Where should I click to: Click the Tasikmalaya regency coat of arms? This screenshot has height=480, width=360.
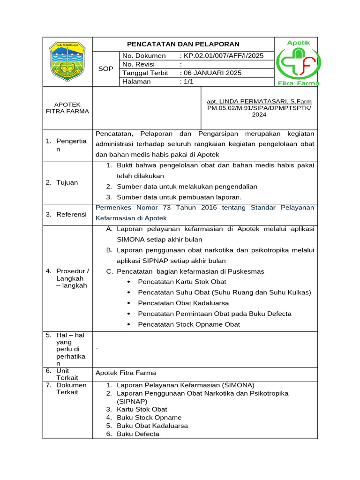pyautogui.click(x=68, y=61)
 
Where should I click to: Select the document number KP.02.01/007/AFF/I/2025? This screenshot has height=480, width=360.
pyautogui.click(x=223, y=56)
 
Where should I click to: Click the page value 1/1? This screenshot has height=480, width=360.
pyautogui.click(x=188, y=82)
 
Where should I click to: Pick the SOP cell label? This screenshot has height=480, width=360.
pyautogui.click(x=106, y=69)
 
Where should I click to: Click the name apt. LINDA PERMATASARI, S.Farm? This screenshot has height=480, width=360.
pyautogui.click(x=259, y=102)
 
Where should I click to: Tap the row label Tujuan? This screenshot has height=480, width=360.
pyautogui.click(x=67, y=182)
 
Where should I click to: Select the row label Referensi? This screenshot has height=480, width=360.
pyautogui.click(x=71, y=214)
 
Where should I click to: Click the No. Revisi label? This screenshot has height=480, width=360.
pyautogui.click(x=138, y=64)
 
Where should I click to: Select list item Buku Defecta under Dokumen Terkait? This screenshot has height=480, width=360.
pyautogui.click(x=138, y=434)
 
